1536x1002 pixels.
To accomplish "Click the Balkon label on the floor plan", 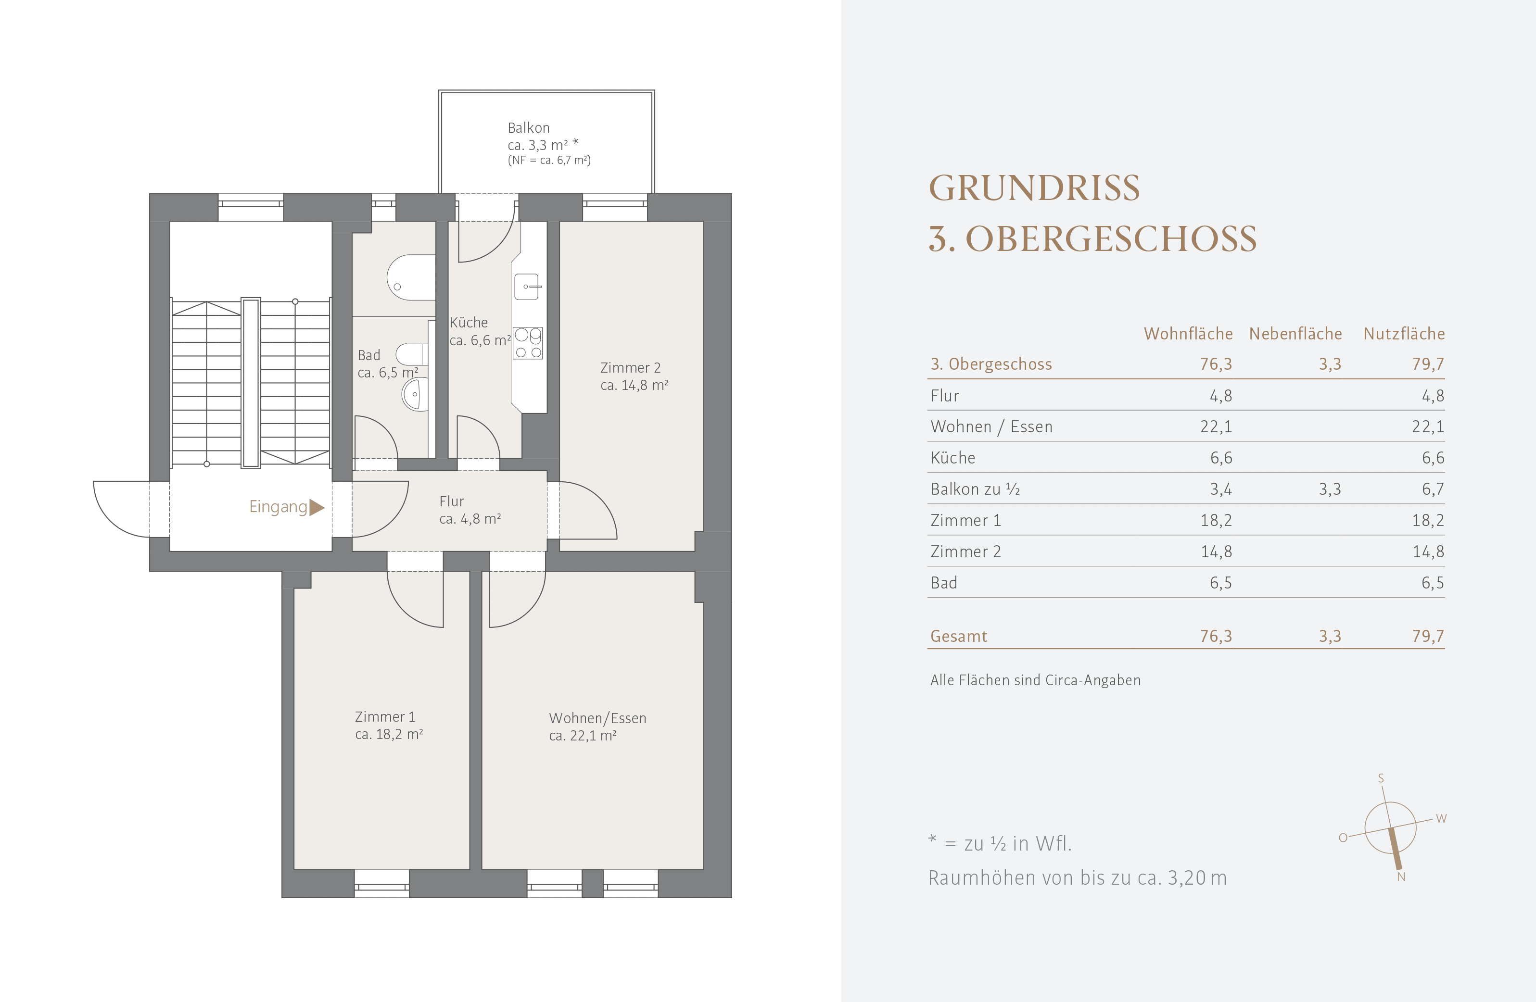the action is point(529,128).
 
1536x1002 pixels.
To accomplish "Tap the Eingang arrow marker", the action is point(316,507).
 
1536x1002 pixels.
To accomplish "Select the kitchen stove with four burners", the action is point(528,343).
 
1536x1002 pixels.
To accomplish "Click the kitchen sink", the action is point(527,287).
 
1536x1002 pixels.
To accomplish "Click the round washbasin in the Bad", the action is point(414,394).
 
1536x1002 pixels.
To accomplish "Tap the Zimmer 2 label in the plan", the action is point(631,368).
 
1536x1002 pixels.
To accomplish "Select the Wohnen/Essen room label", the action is point(597,718).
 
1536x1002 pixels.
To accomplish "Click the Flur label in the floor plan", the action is point(452,501).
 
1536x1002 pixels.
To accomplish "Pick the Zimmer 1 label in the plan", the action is point(385,717).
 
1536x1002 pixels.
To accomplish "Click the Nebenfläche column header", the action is point(1295,334).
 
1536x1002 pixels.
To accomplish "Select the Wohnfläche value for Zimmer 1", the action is point(1216,520).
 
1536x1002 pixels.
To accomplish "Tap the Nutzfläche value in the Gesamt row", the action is point(1428,636).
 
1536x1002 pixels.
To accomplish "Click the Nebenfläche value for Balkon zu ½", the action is point(1330,489).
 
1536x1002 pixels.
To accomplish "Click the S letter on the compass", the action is point(1381,778).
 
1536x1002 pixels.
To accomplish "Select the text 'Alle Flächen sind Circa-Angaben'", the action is point(1036,680).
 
